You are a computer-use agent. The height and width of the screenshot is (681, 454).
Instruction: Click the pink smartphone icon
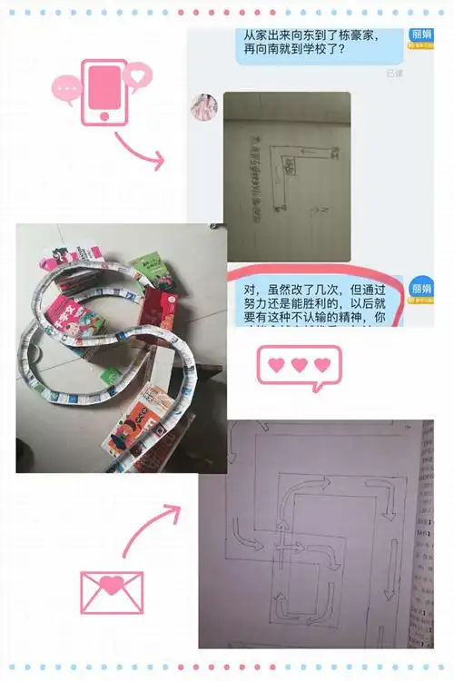click(104, 91)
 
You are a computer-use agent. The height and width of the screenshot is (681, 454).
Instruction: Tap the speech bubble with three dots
click(66, 89)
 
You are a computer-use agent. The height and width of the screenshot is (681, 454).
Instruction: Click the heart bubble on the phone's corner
click(138, 74)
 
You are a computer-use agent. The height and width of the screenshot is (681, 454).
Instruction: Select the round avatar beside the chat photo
click(203, 107)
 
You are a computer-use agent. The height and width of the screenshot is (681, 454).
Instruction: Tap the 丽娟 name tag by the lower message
click(421, 287)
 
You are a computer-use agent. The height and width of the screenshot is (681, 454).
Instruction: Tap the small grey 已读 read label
click(394, 73)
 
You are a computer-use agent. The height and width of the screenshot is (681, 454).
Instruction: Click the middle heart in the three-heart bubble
click(299, 365)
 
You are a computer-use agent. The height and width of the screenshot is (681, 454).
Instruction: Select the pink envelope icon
click(111, 591)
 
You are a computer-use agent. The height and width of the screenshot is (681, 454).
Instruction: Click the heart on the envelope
click(111, 585)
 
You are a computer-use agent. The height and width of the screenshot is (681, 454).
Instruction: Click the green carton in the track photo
click(152, 270)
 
